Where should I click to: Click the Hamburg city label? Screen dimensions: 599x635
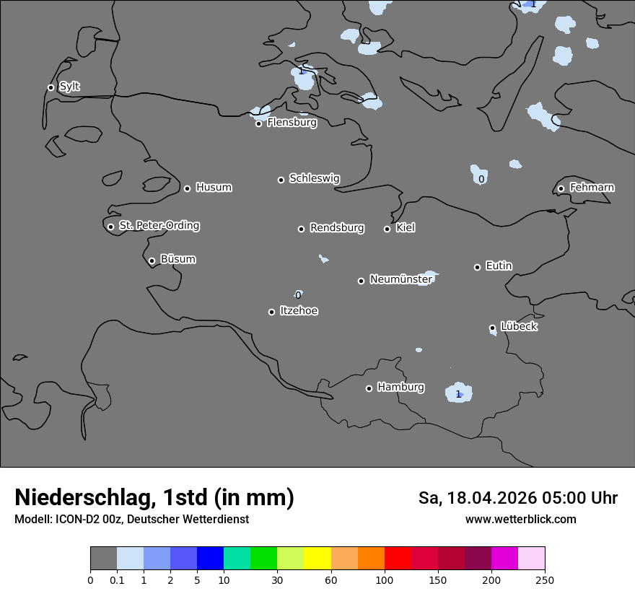pos(400,388)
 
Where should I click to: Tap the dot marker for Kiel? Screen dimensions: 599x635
pos(387,229)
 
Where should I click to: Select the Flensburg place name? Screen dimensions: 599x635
pos(292,123)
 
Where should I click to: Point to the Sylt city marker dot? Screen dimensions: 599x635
pos(51,87)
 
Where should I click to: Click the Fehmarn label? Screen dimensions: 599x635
pos(592,188)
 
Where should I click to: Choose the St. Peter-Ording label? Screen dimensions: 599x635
pos(159,226)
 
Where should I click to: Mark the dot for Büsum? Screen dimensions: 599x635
pos(152,261)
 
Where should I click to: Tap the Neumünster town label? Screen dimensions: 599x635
pos(400,279)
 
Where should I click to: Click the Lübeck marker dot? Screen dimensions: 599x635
pos(492,328)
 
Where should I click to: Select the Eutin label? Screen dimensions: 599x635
pos(499,266)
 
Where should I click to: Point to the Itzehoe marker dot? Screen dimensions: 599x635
pos(271,312)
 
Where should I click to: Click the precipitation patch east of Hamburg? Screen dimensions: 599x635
pos(458,393)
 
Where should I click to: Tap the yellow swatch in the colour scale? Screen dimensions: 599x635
pos(317,559)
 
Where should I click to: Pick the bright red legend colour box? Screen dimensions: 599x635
pos(398,559)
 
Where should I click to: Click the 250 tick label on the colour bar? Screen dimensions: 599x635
pos(545,580)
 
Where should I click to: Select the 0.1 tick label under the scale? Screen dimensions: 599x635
pos(117,580)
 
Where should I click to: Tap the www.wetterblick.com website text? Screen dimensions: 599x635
pos(520,520)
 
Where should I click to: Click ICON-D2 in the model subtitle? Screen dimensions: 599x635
pos(77,520)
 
